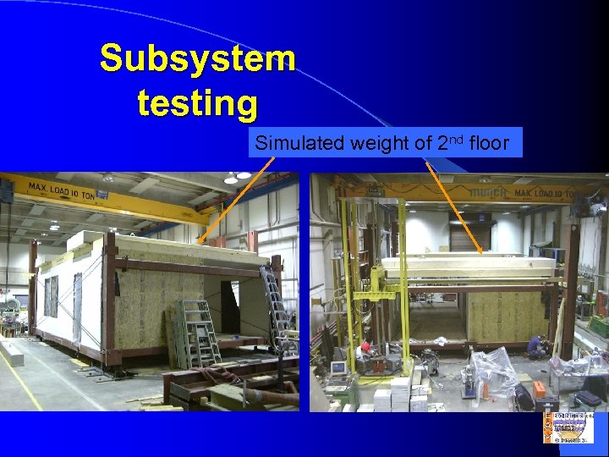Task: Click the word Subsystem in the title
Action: tap(198, 58)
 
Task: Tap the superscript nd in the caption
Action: tap(455, 139)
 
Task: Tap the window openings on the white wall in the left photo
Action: tap(52, 295)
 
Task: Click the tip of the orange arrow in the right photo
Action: tap(482, 251)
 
